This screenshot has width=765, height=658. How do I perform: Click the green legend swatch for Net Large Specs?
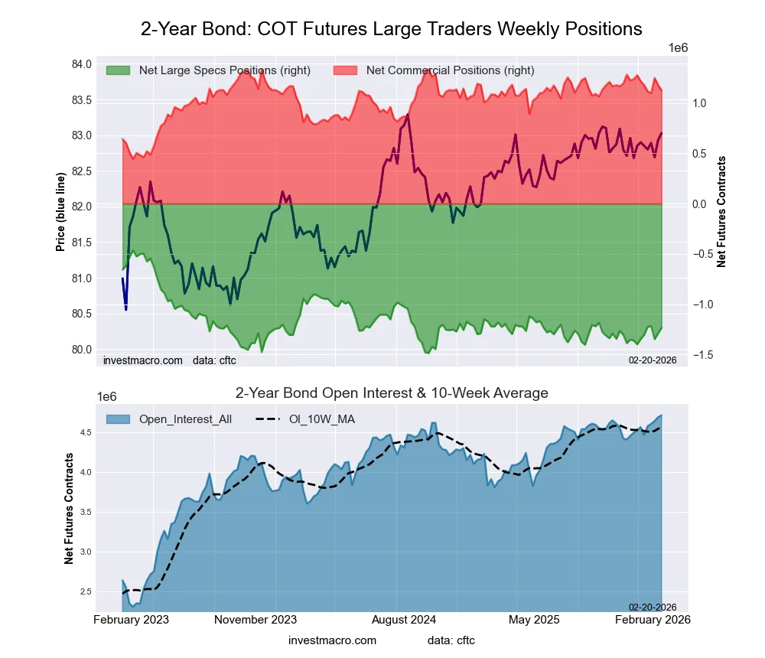(118, 70)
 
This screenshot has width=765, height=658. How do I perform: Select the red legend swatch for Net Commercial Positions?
(346, 70)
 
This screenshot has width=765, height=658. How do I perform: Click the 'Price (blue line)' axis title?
(60, 212)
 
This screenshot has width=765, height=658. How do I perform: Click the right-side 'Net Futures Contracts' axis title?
(721, 211)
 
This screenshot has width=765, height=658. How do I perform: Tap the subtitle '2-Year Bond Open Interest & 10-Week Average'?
(391, 393)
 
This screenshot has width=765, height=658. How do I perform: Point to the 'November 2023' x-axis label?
(256, 619)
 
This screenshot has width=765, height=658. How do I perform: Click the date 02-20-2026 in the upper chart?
(653, 359)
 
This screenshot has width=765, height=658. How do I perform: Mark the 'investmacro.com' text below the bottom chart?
(332, 640)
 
